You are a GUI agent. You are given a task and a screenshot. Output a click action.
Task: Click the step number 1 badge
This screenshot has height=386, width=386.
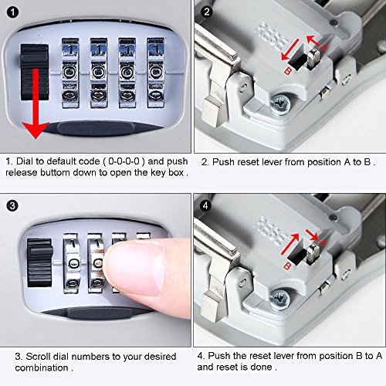tap(12, 12)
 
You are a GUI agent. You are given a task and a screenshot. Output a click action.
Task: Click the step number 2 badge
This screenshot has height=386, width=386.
tap(207, 12)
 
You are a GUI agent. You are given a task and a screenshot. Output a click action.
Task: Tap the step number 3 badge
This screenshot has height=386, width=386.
tap(12, 206)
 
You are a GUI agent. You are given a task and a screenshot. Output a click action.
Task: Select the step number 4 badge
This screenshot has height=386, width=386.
tap(205, 206)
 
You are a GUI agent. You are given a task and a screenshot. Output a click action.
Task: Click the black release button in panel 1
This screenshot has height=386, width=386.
tap(34, 72)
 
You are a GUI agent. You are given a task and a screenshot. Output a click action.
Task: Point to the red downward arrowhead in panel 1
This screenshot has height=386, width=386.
tap(36, 130)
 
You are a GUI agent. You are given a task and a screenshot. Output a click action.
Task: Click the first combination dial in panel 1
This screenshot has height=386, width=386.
tap(70, 73)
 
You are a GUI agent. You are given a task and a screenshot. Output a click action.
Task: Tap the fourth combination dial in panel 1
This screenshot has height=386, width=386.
tap(156, 73)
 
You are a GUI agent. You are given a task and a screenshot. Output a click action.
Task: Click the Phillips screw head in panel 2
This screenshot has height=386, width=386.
tap(280, 105)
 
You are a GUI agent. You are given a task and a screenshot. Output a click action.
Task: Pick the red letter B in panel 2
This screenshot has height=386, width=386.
tap(288, 70)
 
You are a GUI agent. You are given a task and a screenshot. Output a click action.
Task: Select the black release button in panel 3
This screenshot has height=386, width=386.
tap(40, 262)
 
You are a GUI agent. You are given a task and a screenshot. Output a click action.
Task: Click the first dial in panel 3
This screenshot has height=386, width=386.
tap(71, 263)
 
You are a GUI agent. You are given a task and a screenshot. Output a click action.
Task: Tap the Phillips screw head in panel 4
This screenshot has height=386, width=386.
tap(279, 300)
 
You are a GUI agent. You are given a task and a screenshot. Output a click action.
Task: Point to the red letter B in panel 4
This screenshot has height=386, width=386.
tap(287, 266)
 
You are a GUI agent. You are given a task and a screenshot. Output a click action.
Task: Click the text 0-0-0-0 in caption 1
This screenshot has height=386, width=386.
tap(124, 161)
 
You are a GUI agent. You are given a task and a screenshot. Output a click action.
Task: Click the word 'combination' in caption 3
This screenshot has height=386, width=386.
tap(42, 367)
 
